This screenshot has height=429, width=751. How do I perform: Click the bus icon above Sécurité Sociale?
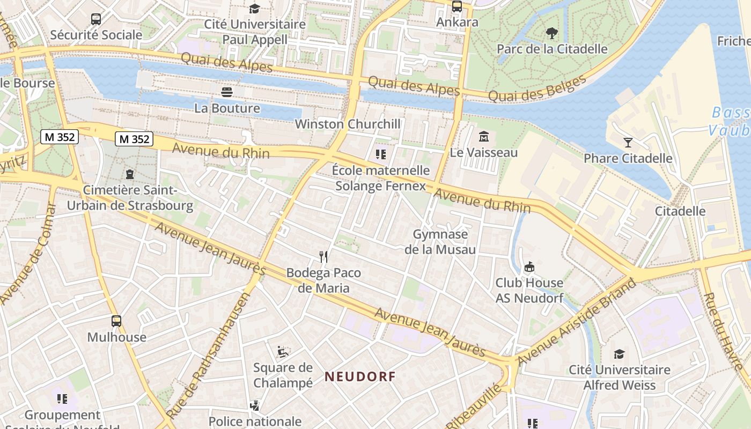click(x=96, y=19)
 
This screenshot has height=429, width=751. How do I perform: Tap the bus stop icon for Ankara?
click(x=457, y=6)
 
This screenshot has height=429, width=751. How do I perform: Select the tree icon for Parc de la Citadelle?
click(x=551, y=33)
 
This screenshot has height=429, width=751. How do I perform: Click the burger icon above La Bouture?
click(x=227, y=92)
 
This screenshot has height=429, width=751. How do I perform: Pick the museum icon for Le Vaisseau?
click(x=484, y=137)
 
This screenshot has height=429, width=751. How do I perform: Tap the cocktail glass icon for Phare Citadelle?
click(x=628, y=142)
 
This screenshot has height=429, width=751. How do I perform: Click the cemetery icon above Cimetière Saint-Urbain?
click(x=129, y=174)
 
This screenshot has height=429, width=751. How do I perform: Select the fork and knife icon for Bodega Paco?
click(x=323, y=257)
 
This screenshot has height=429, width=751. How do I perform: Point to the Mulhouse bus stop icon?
click(x=116, y=321)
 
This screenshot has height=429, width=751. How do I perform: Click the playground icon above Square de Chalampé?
click(x=283, y=352)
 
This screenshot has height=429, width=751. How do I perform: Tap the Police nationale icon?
click(x=255, y=406)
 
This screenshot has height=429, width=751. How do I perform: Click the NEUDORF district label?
click(x=360, y=376)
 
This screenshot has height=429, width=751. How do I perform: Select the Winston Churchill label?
click(x=348, y=124)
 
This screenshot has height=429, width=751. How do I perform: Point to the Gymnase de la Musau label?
click(x=440, y=242)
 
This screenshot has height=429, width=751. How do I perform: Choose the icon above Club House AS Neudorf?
click(x=529, y=267)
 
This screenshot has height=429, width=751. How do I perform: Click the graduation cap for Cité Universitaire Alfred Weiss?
click(x=619, y=354)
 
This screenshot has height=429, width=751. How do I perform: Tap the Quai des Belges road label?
click(x=538, y=89)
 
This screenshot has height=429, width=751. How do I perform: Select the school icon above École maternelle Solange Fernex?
click(x=381, y=155)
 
